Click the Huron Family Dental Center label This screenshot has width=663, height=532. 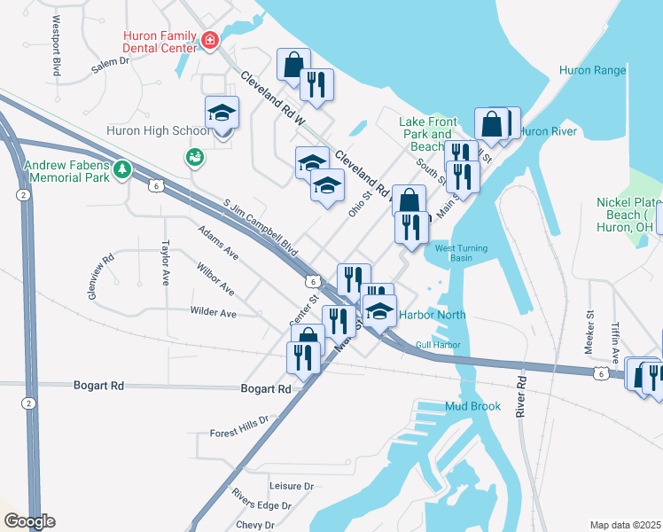pyautogui.click(x=160, y=41)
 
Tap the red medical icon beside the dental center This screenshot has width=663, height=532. pyautogui.click(x=210, y=40)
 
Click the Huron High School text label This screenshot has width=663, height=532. pyautogui.click(x=158, y=130)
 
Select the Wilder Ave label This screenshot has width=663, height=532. pyautogui.click(x=213, y=313)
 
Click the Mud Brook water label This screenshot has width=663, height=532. pyautogui.click(x=473, y=407)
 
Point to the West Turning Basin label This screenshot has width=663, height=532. pyautogui.click(x=461, y=254)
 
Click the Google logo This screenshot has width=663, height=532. pyautogui.click(x=28, y=521)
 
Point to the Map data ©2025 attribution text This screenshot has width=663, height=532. pyautogui.click(x=626, y=525)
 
